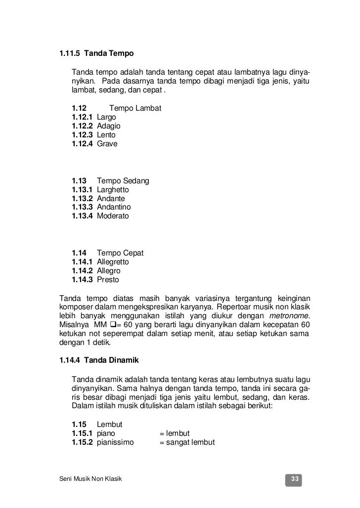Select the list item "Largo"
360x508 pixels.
(106, 117)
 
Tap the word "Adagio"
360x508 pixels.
(109, 126)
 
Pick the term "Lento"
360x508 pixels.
(106, 135)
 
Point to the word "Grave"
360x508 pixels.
(107, 144)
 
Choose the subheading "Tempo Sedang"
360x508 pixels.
(123, 180)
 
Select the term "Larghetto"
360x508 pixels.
(113, 189)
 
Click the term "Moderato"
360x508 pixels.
(113, 216)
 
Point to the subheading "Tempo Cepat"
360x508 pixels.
(120, 253)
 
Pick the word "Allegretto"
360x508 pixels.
(113, 261)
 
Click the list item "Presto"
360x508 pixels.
(108, 279)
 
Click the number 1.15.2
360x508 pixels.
(82, 442)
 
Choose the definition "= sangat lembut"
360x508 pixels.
(186, 442)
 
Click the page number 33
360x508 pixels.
(295, 479)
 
